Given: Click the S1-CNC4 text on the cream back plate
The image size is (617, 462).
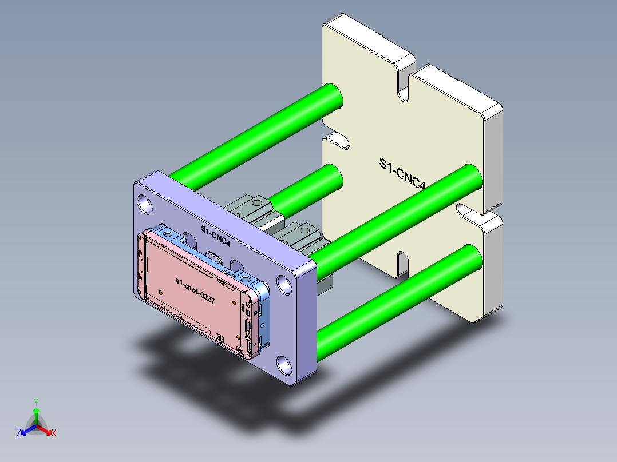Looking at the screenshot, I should (403, 173).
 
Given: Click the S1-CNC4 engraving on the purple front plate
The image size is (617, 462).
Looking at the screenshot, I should (215, 235).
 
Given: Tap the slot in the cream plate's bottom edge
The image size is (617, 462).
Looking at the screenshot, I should (402, 264).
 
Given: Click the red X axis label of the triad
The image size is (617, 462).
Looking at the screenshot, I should (54, 433).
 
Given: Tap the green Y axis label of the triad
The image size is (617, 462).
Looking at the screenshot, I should (35, 402).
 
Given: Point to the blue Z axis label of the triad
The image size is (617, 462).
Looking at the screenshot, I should (19, 433).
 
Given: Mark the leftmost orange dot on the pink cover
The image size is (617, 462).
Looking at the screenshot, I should (161, 292).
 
